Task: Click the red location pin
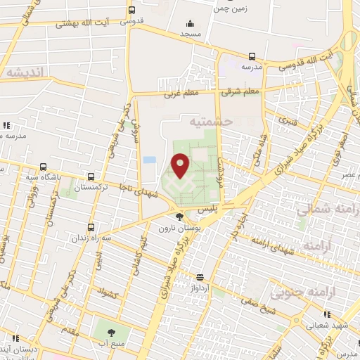pos(181,165)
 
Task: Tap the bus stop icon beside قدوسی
pos(131,11)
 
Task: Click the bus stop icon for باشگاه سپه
pos(44,167)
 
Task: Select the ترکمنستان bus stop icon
pos(91,176)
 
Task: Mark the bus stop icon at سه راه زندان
pos(91,227)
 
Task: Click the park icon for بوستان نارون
pos(181,217)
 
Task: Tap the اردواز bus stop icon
pos(200,277)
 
